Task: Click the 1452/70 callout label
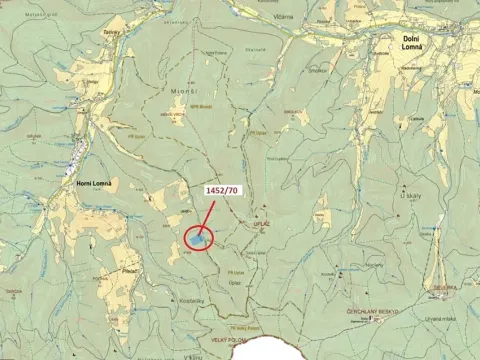coord(221,190)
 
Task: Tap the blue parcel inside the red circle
coord(198,239)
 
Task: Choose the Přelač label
coord(128,270)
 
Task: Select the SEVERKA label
coord(445,287)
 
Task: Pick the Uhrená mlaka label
coord(440,318)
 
